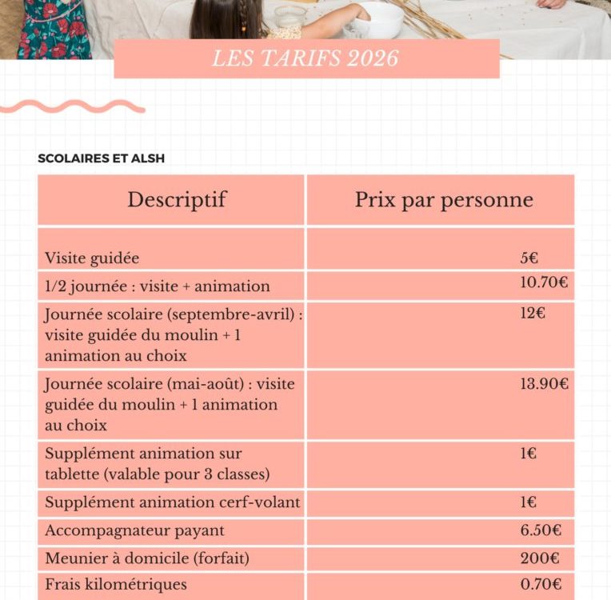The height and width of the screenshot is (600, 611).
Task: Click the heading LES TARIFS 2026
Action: click(x=305, y=59)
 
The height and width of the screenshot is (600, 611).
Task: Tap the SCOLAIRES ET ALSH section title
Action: click(x=101, y=158)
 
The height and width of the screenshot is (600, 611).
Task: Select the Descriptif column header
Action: click(x=176, y=199)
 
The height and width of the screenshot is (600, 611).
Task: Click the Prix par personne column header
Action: click(x=444, y=199)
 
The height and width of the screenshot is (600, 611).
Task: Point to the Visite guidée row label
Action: click(x=92, y=258)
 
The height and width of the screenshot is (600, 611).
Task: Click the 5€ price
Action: click(x=529, y=258)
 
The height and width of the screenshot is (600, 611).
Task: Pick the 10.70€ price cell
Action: click(x=544, y=282)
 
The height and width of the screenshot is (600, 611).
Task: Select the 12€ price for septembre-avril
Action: click(x=533, y=313)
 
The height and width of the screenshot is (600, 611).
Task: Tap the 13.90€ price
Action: click(x=544, y=384)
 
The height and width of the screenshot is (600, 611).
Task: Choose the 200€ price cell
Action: click(x=539, y=558)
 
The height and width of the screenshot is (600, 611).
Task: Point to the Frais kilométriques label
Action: click(x=116, y=585)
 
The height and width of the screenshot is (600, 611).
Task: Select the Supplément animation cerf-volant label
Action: click(x=173, y=503)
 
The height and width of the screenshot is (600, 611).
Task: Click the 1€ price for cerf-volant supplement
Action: click(x=528, y=503)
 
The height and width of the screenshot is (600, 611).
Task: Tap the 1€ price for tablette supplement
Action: click(x=528, y=454)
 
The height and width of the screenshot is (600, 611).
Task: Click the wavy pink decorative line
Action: click(x=72, y=106)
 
